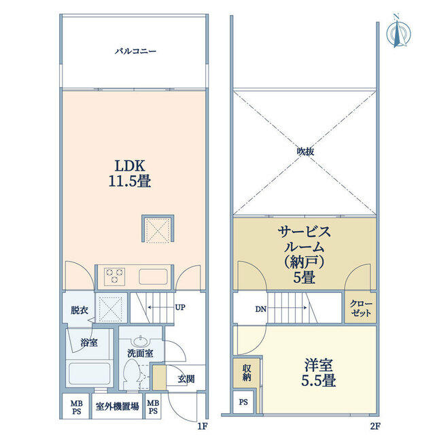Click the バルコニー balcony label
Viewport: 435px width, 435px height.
(135, 52)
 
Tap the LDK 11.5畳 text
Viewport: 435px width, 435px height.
(130, 174)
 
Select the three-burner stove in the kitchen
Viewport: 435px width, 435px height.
(114, 276)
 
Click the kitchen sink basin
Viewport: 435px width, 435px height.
(153, 277)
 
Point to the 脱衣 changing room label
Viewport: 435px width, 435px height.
(80, 310)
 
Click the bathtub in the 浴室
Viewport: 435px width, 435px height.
(89, 373)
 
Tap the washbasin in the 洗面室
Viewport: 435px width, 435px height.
(141, 341)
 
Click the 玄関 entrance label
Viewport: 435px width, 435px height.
(186, 379)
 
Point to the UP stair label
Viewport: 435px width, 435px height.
(180, 307)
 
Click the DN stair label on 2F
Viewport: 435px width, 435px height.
(261, 309)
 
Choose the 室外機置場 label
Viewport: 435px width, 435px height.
(117, 406)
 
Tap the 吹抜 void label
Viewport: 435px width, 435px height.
(305, 152)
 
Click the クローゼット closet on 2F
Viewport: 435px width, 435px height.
(361, 307)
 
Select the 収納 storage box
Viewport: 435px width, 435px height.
(247, 373)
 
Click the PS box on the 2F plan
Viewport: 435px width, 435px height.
(243, 402)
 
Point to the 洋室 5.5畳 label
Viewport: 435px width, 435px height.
(319, 372)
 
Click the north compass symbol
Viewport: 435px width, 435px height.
(398, 34)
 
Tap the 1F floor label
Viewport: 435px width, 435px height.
(203, 426)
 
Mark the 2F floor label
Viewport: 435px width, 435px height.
(375, 426)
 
